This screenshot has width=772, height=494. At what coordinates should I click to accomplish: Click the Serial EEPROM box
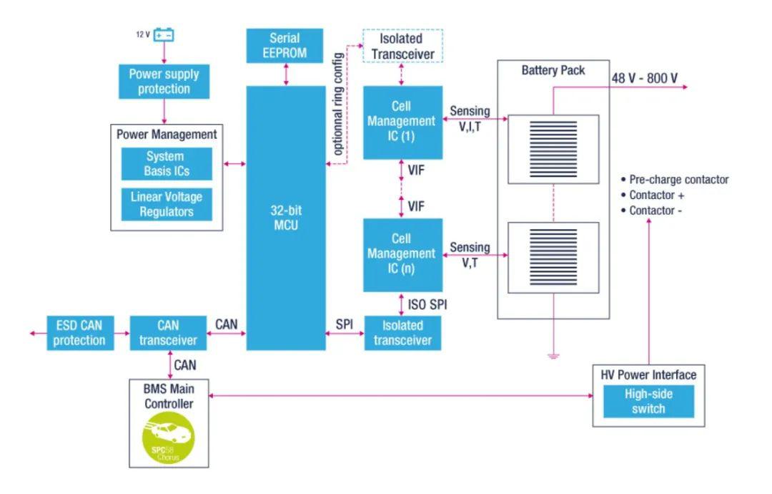285,44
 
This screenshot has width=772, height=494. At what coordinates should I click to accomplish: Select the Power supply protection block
164,82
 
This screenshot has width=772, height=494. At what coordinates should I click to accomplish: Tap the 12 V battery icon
164,34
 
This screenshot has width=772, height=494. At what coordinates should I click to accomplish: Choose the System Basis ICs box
165,164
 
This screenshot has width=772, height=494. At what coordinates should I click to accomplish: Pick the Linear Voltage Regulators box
166,204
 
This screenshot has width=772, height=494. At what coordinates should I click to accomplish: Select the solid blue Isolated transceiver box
402,333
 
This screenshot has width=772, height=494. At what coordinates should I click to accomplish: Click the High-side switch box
648,402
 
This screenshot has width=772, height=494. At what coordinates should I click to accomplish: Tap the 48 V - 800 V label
644,78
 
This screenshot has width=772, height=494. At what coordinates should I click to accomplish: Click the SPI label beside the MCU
345,325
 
